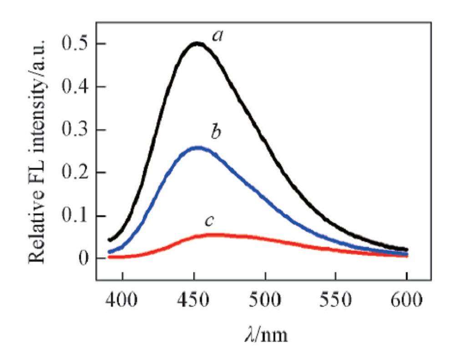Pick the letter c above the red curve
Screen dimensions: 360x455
coord(209,221)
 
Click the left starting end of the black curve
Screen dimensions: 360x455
coord(109,239)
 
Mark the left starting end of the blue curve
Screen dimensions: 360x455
coord(109,252)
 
